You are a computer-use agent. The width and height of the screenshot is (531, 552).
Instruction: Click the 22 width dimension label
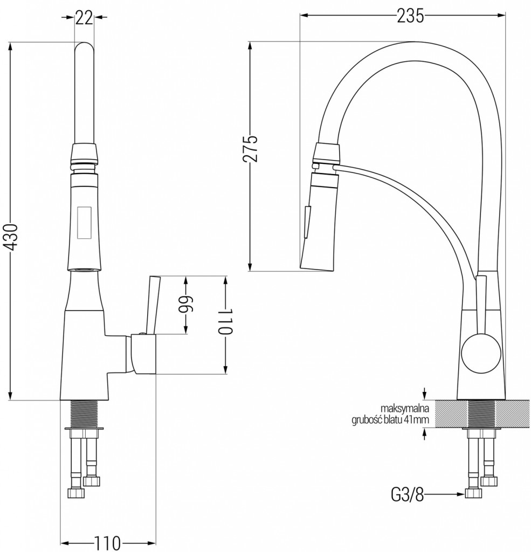click(x=84, y=18)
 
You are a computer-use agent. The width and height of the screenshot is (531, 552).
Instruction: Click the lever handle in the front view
click(x=151, y=305)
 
